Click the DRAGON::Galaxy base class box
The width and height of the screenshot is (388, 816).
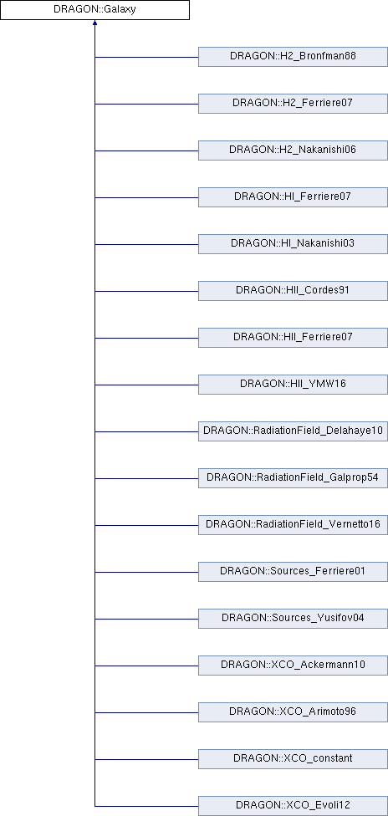[x=94, y=10]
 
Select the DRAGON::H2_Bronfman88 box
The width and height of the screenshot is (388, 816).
[x=293, y=57]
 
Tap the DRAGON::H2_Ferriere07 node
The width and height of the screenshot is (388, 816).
[x=293, y=104]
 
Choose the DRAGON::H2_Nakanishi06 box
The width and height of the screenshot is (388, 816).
[x=293, y=150]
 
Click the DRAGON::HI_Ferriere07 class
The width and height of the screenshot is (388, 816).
[x=293, y=197]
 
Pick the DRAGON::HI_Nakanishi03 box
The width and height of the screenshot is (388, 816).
[x=293, y=244]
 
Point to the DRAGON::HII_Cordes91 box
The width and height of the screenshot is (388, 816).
[x=293, y=291]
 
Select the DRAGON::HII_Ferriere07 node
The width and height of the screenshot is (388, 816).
[x=293, y=338]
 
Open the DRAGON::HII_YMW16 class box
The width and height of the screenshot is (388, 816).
[x=293, y=385]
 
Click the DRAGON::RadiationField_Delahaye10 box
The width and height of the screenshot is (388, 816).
[x=293, y=431]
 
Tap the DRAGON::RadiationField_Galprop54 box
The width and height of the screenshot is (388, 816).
[x=293, y=478]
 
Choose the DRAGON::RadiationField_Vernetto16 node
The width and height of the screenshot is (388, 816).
[x=293, y=525]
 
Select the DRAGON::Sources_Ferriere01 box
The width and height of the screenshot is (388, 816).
[x=293, y=572]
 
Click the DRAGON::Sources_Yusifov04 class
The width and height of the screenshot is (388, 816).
[x=293, y=619]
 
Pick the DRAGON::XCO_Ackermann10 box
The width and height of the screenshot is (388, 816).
[x=293, y=666]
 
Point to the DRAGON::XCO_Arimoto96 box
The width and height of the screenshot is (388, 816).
[x=293, y=712]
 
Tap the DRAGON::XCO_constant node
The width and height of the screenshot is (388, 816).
[x=293, y=759]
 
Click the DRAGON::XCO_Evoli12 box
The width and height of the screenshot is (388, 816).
[x=293, y=806]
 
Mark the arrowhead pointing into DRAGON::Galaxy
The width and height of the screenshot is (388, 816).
[x=94, y=23]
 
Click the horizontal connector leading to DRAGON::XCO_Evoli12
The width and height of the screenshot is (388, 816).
[x=146, y=806]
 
